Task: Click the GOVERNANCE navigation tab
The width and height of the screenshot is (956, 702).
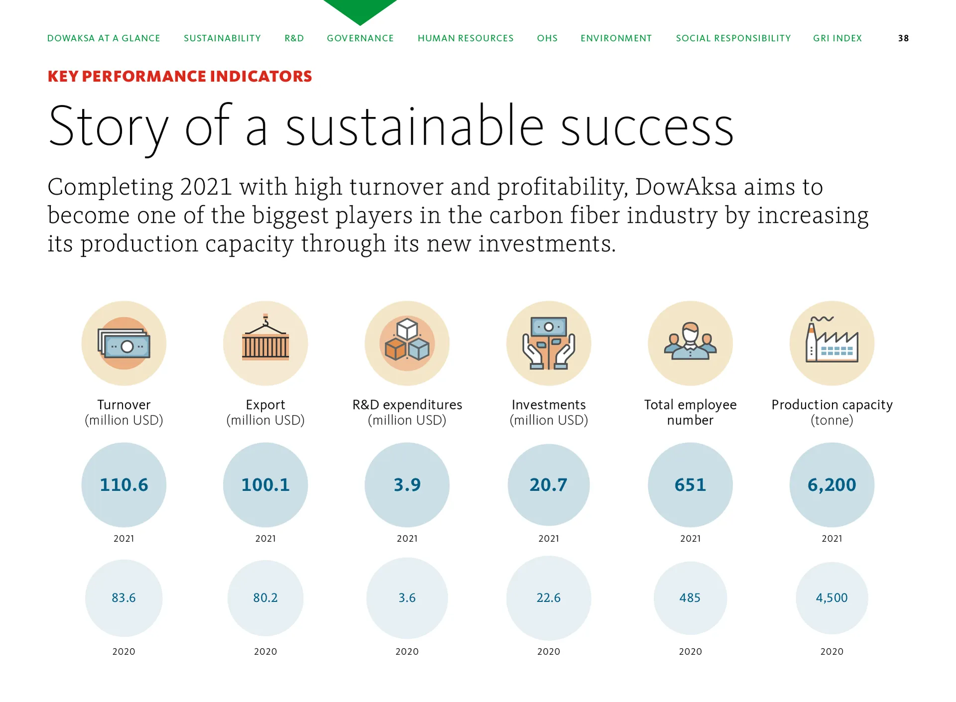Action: (360, 38)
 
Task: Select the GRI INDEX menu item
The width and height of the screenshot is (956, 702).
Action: (837, 38)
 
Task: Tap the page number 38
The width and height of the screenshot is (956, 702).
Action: (903, 38)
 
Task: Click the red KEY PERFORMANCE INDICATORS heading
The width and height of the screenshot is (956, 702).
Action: (180, 76)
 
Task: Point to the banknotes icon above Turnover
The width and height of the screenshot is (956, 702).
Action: (124, 343)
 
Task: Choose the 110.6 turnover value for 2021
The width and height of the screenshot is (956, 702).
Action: (124, 485)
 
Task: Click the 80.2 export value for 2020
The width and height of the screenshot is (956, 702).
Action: (265, 598)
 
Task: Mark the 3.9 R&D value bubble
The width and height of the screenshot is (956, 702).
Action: (407, 485)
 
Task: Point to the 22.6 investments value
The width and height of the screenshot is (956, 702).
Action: (549, 598)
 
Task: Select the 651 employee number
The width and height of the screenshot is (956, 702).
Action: (690, 485)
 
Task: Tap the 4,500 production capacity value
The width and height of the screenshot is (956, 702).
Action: (832, 598)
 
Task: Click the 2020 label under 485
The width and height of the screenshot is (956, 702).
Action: (690, 651)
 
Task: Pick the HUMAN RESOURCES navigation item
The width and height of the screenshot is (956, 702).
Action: (466, 38)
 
